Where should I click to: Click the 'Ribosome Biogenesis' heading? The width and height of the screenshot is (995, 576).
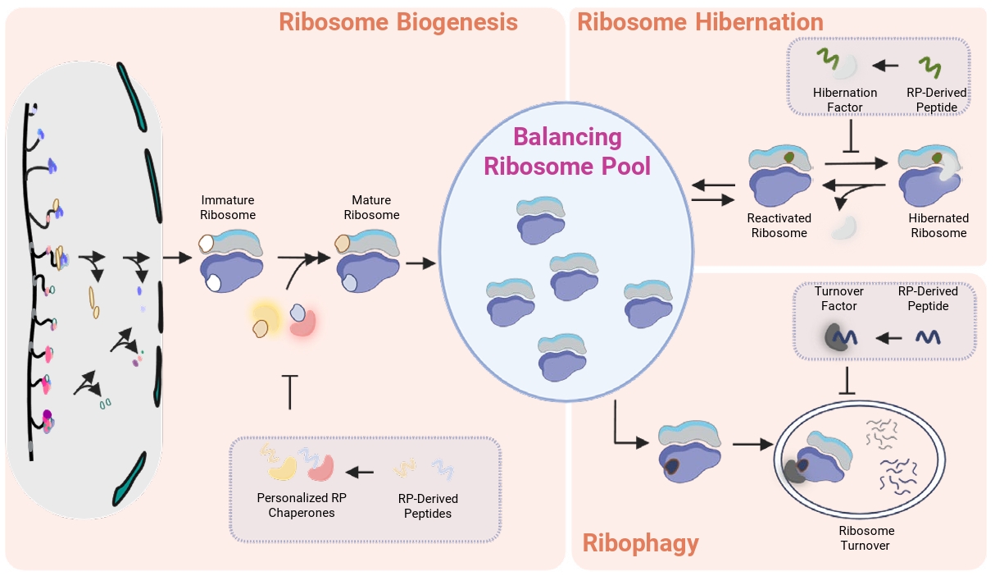click(398, 21)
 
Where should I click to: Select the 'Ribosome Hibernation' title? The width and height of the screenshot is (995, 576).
click(700, 21)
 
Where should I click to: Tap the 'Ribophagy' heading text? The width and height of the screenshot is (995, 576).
click(640, 542)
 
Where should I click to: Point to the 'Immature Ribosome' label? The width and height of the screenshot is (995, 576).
click(229, 208)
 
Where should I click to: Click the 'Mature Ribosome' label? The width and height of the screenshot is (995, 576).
click(371, 208)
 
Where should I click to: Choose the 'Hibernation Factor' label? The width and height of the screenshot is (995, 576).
click(845, 99)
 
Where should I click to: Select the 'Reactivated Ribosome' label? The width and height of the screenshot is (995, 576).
click(779, 226)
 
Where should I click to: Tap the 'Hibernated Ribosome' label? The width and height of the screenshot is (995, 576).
click(938, 226)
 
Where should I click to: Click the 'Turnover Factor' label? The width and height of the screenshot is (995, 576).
click(835, 299)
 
